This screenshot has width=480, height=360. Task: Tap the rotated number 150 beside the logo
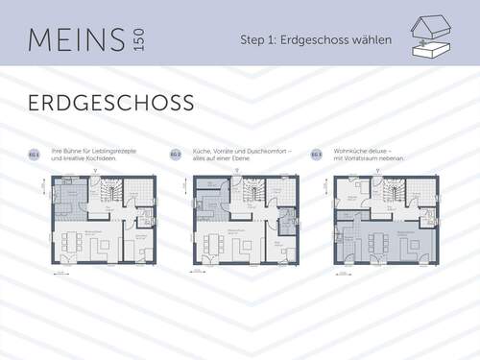pos(140,40)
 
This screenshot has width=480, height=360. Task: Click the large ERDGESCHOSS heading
pos(110,102)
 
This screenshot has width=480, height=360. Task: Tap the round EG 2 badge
pos(176,154)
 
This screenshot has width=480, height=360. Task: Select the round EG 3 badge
pos(316,154)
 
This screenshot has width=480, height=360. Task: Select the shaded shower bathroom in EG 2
pos(285,227)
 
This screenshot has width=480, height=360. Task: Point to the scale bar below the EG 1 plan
pos(60,275)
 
